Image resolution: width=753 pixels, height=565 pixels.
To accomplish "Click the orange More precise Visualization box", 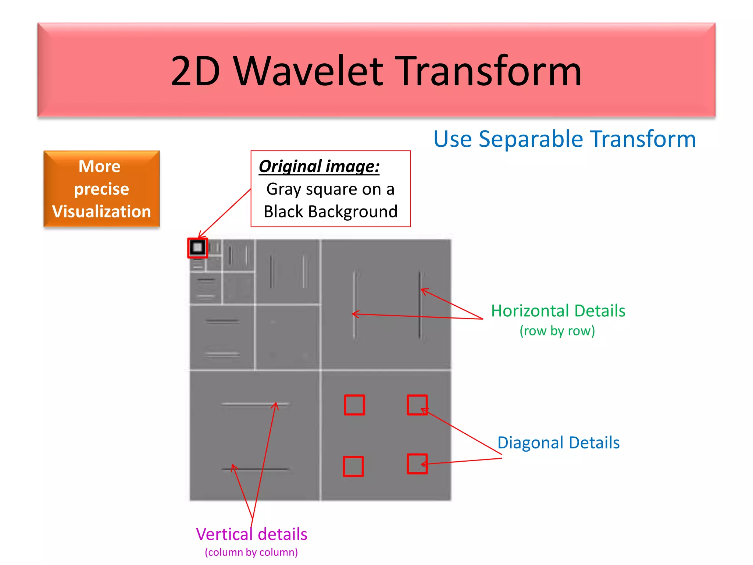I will coord(101,189).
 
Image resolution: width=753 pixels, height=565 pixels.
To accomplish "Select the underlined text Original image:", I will coord(319,166).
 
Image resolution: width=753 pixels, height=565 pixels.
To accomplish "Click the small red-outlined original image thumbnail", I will coord(198,248).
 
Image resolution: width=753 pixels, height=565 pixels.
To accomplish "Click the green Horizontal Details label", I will coord(558,311).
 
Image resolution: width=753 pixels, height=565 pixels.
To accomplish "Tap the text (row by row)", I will coord(557,331).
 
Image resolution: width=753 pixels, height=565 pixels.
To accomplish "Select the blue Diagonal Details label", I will coord(558,443).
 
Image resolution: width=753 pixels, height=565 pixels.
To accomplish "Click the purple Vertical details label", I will coord(251,534).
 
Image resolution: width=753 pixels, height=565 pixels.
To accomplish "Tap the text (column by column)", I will coord(251,552).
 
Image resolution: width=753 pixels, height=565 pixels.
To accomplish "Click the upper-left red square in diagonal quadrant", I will coord(354,405).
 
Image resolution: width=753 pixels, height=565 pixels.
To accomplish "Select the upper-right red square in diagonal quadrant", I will coord(417,405).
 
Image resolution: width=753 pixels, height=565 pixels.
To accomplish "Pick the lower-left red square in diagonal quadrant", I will coord(353,466).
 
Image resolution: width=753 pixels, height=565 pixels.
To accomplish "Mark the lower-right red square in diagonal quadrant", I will coord(417,464).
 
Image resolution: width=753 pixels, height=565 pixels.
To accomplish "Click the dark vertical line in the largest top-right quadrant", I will coord(420,305).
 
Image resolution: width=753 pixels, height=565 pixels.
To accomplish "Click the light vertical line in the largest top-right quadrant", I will coord(354,305).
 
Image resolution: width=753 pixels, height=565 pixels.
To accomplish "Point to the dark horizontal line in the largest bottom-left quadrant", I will coord(255,469).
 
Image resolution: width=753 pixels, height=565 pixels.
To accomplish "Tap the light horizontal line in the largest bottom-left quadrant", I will coord(255,404).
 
